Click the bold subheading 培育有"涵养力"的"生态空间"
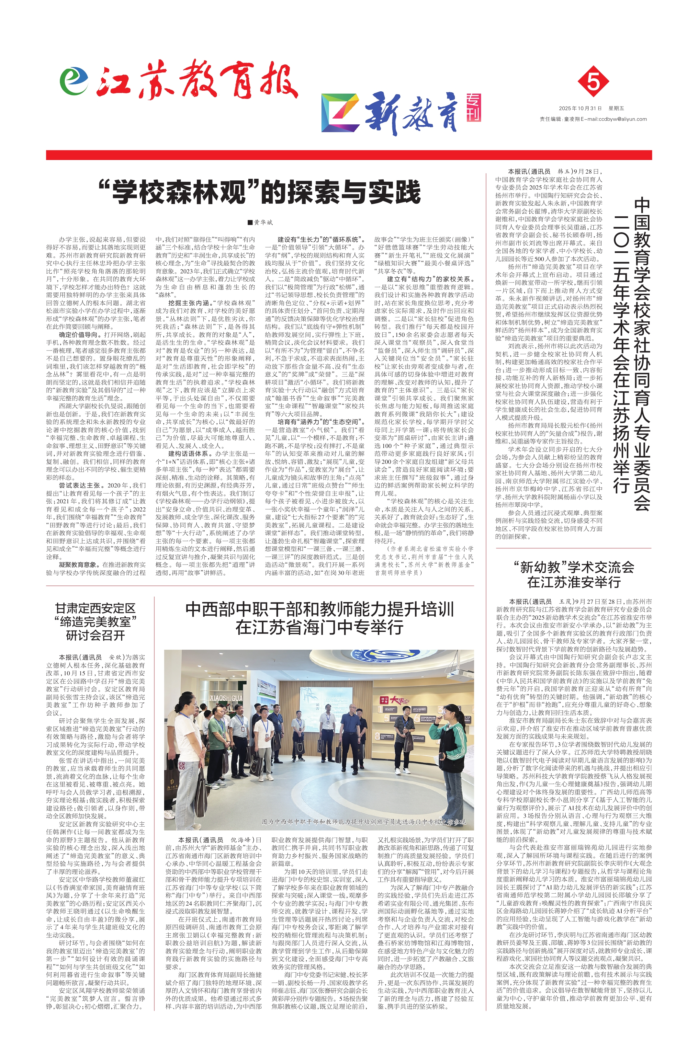coord(317,421)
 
